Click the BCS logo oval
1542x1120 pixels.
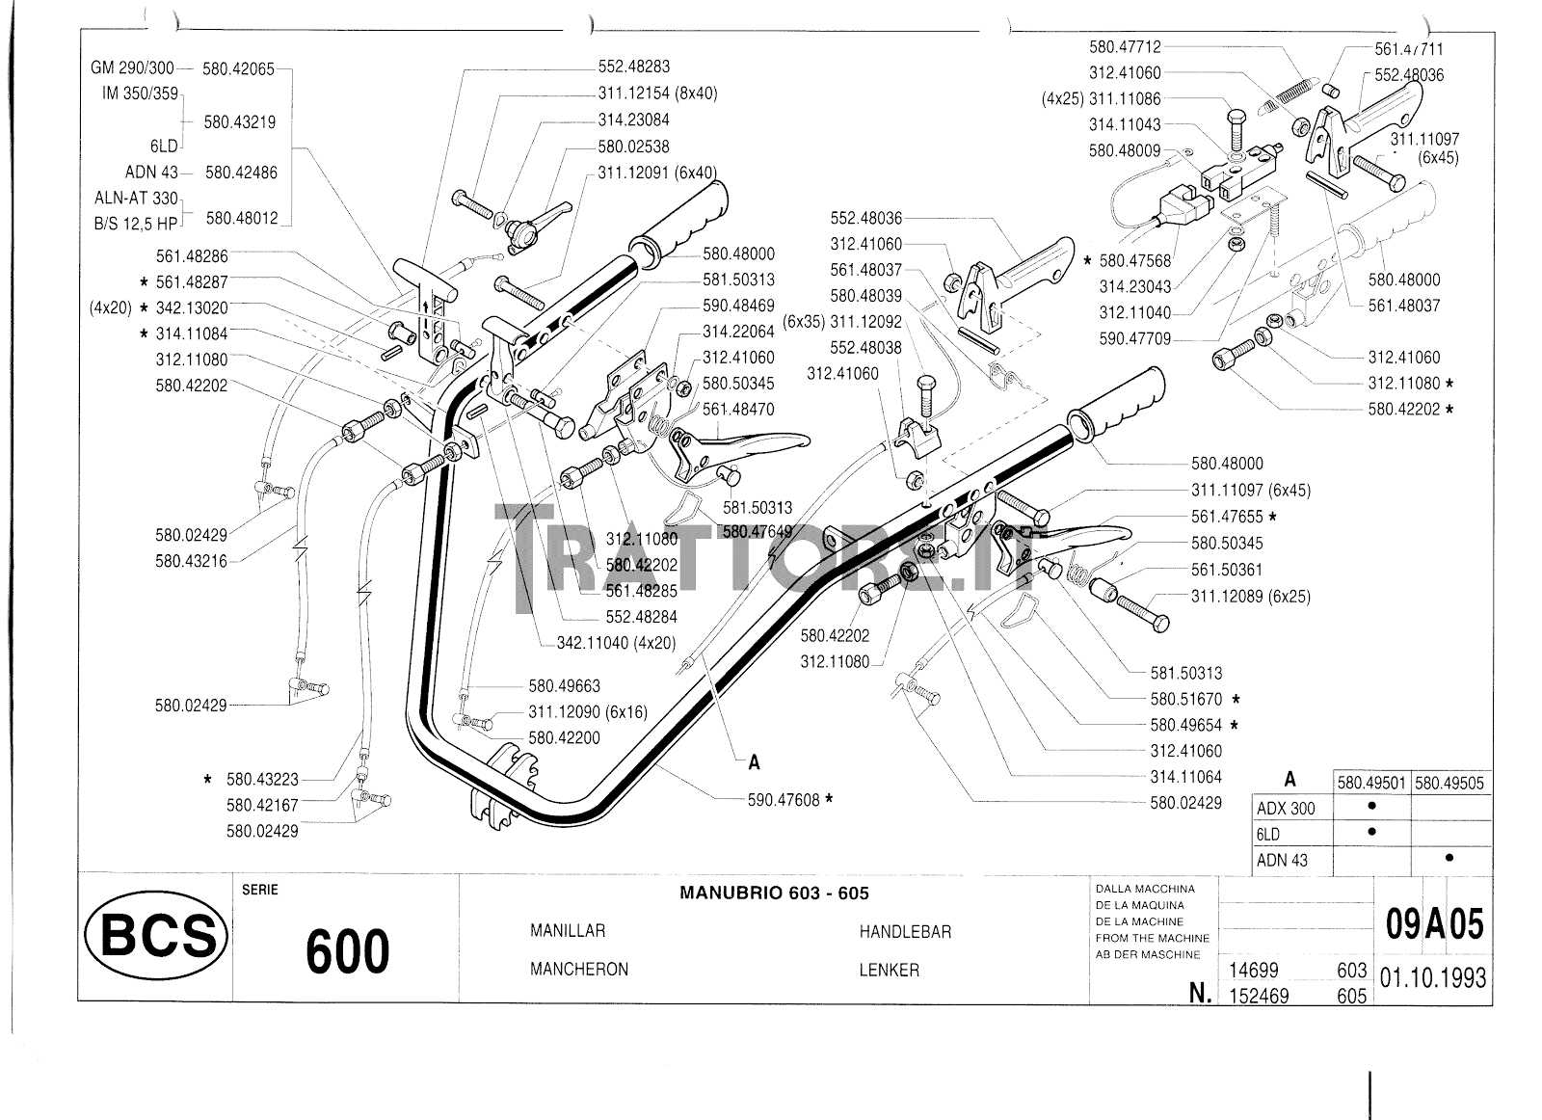[155, 936]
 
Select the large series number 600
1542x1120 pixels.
[347, 950]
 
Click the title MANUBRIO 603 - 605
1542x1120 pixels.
[774, 893]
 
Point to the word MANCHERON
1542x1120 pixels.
[578, 970]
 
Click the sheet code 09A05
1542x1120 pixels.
[1434, 925]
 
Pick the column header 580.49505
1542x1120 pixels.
[1450, 783]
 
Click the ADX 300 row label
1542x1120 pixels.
[1285, 809]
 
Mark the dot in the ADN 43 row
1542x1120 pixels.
[1449, 858]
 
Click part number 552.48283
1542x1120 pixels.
[633, 67]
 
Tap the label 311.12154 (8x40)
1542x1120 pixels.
[657, 93]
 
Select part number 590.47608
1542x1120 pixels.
[783, 799]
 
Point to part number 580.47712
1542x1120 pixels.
[1125, 46]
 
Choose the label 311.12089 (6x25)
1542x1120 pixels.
[1250, 597]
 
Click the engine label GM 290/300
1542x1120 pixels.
[132, 68]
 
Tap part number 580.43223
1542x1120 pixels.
[262, 779]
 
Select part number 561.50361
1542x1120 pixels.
[1226, 570]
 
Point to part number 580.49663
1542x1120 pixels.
[564, 686]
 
